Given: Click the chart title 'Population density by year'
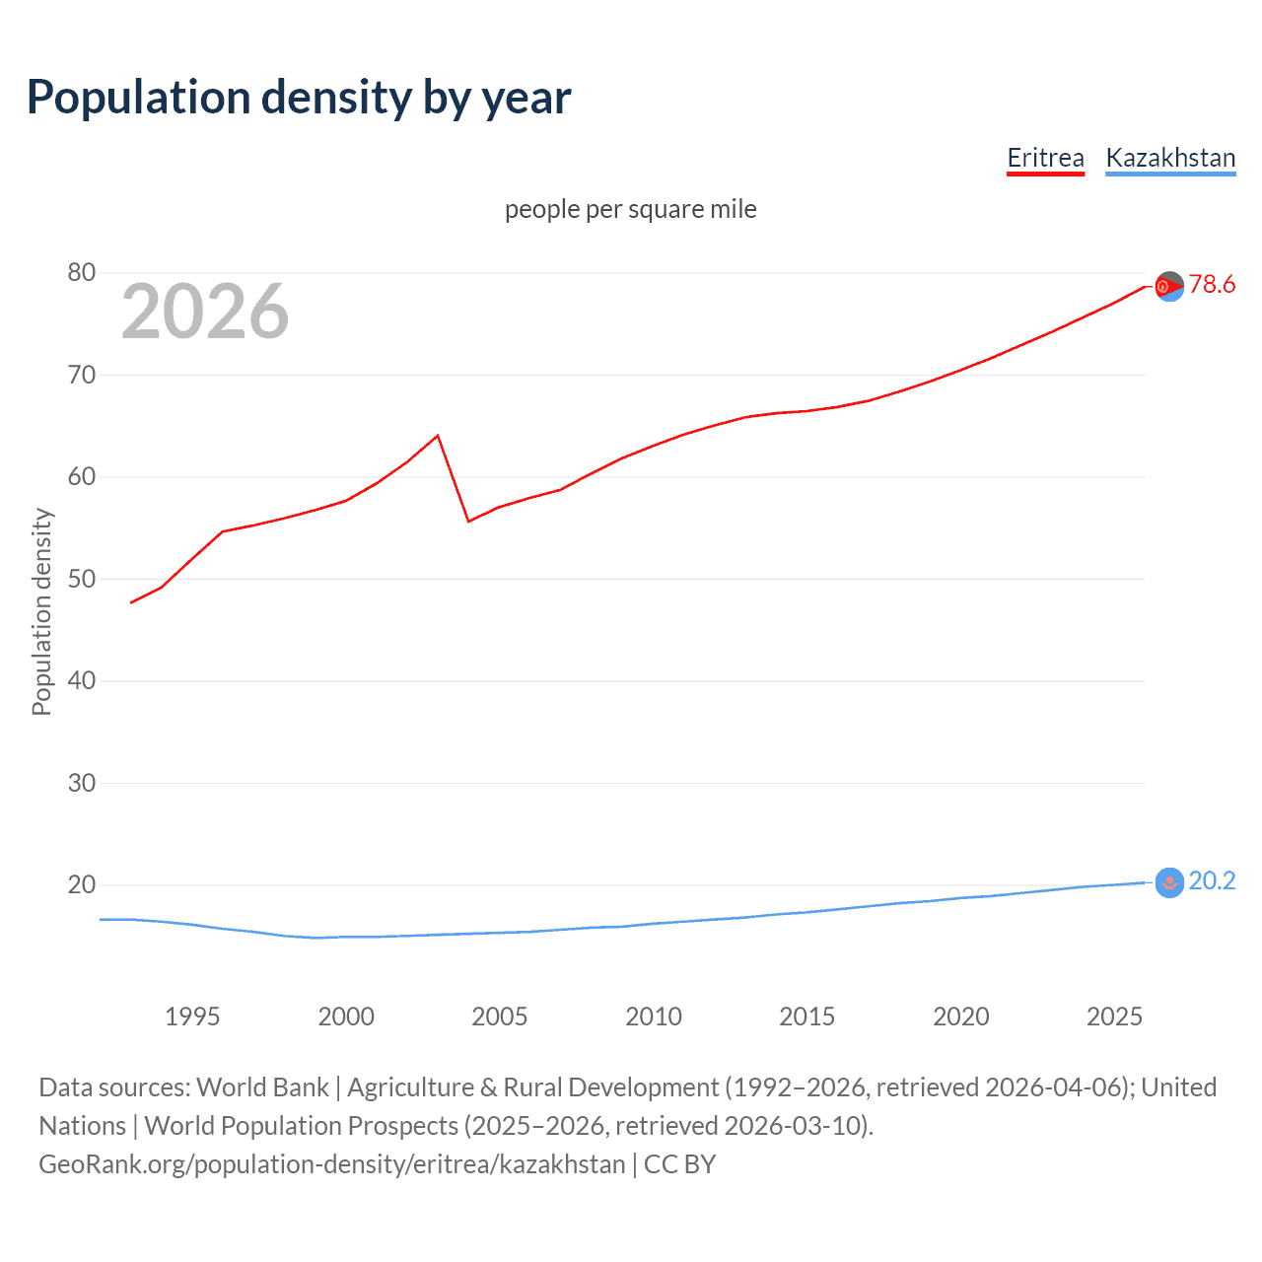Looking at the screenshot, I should (299, 98).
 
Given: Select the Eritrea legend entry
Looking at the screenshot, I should (1045, 158).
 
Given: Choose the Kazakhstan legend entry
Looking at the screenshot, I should (1170, 158).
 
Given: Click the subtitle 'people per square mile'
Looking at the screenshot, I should (631, 209).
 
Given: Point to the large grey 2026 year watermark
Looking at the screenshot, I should (205, 312).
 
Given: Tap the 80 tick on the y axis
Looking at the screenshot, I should (82, 273).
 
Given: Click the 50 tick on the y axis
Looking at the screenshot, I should (82, 579).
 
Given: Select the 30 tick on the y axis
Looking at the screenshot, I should (82, 783).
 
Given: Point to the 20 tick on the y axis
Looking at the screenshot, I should (82, 884).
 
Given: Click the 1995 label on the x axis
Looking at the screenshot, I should (192, 1017).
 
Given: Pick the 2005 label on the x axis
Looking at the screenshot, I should (500, 1017).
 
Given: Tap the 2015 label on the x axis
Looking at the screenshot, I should (807, 1017).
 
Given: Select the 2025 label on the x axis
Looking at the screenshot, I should (1114, 1017).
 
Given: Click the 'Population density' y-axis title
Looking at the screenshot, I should (41, 611).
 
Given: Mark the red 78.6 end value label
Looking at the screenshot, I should (1212, 285).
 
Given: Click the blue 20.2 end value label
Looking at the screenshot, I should (1212, 880).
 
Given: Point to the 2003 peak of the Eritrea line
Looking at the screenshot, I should (438, 435).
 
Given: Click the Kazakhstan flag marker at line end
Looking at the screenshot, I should (1169, 882).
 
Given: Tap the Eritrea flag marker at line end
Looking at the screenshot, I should (1169, 286).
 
